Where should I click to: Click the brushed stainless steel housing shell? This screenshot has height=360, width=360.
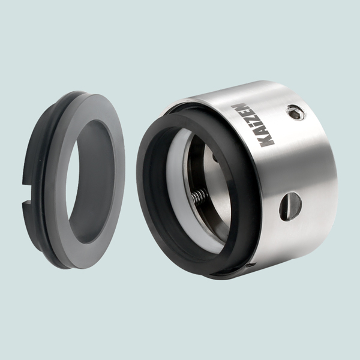pos(306,156)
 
